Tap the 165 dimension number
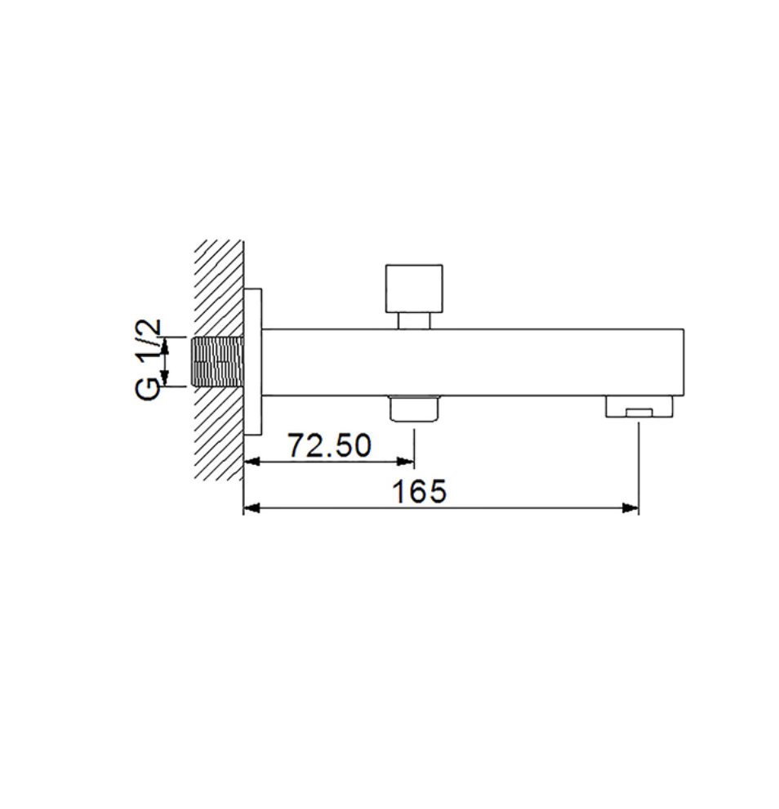(x=419, y=491)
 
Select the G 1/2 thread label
(x=149, y=359)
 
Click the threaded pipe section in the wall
(x=217, y=361)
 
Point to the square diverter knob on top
(x=414, y=289)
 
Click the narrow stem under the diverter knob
(x=414, y=321)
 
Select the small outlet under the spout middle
(x=414, y=409)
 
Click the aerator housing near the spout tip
(x=639, y=406)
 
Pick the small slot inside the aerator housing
(x=639, y=412)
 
